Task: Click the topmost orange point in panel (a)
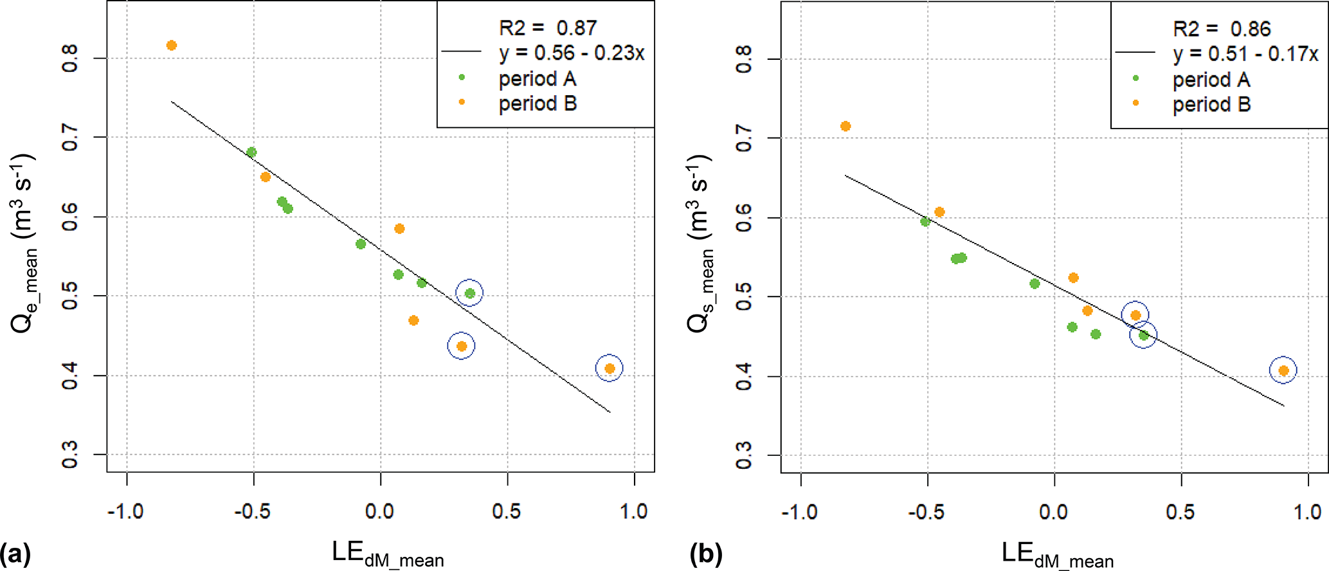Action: pos(172,46)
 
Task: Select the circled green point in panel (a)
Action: pos(470,293)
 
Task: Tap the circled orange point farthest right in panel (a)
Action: pos(610,368)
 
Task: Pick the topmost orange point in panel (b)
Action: pos(845,126)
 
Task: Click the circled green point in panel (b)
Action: pos(1143,335)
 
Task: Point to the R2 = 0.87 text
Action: pos(548,28)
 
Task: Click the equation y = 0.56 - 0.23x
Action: pos(572,53)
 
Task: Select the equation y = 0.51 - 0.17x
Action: pos(1245,55)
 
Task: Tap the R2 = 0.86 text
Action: pos(1222,29)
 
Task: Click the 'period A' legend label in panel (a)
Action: pos(538,79)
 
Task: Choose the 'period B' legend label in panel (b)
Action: pos(1211,105)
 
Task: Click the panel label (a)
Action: pos(15,554)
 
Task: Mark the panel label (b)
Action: pos(706,554)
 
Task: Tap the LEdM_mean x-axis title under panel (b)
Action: pos(1057,555)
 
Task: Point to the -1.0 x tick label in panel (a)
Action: pos(125,512)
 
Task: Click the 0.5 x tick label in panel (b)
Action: pos(1180,512)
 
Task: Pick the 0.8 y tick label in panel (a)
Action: pos(69,59)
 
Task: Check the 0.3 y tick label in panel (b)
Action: pos(743,455)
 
